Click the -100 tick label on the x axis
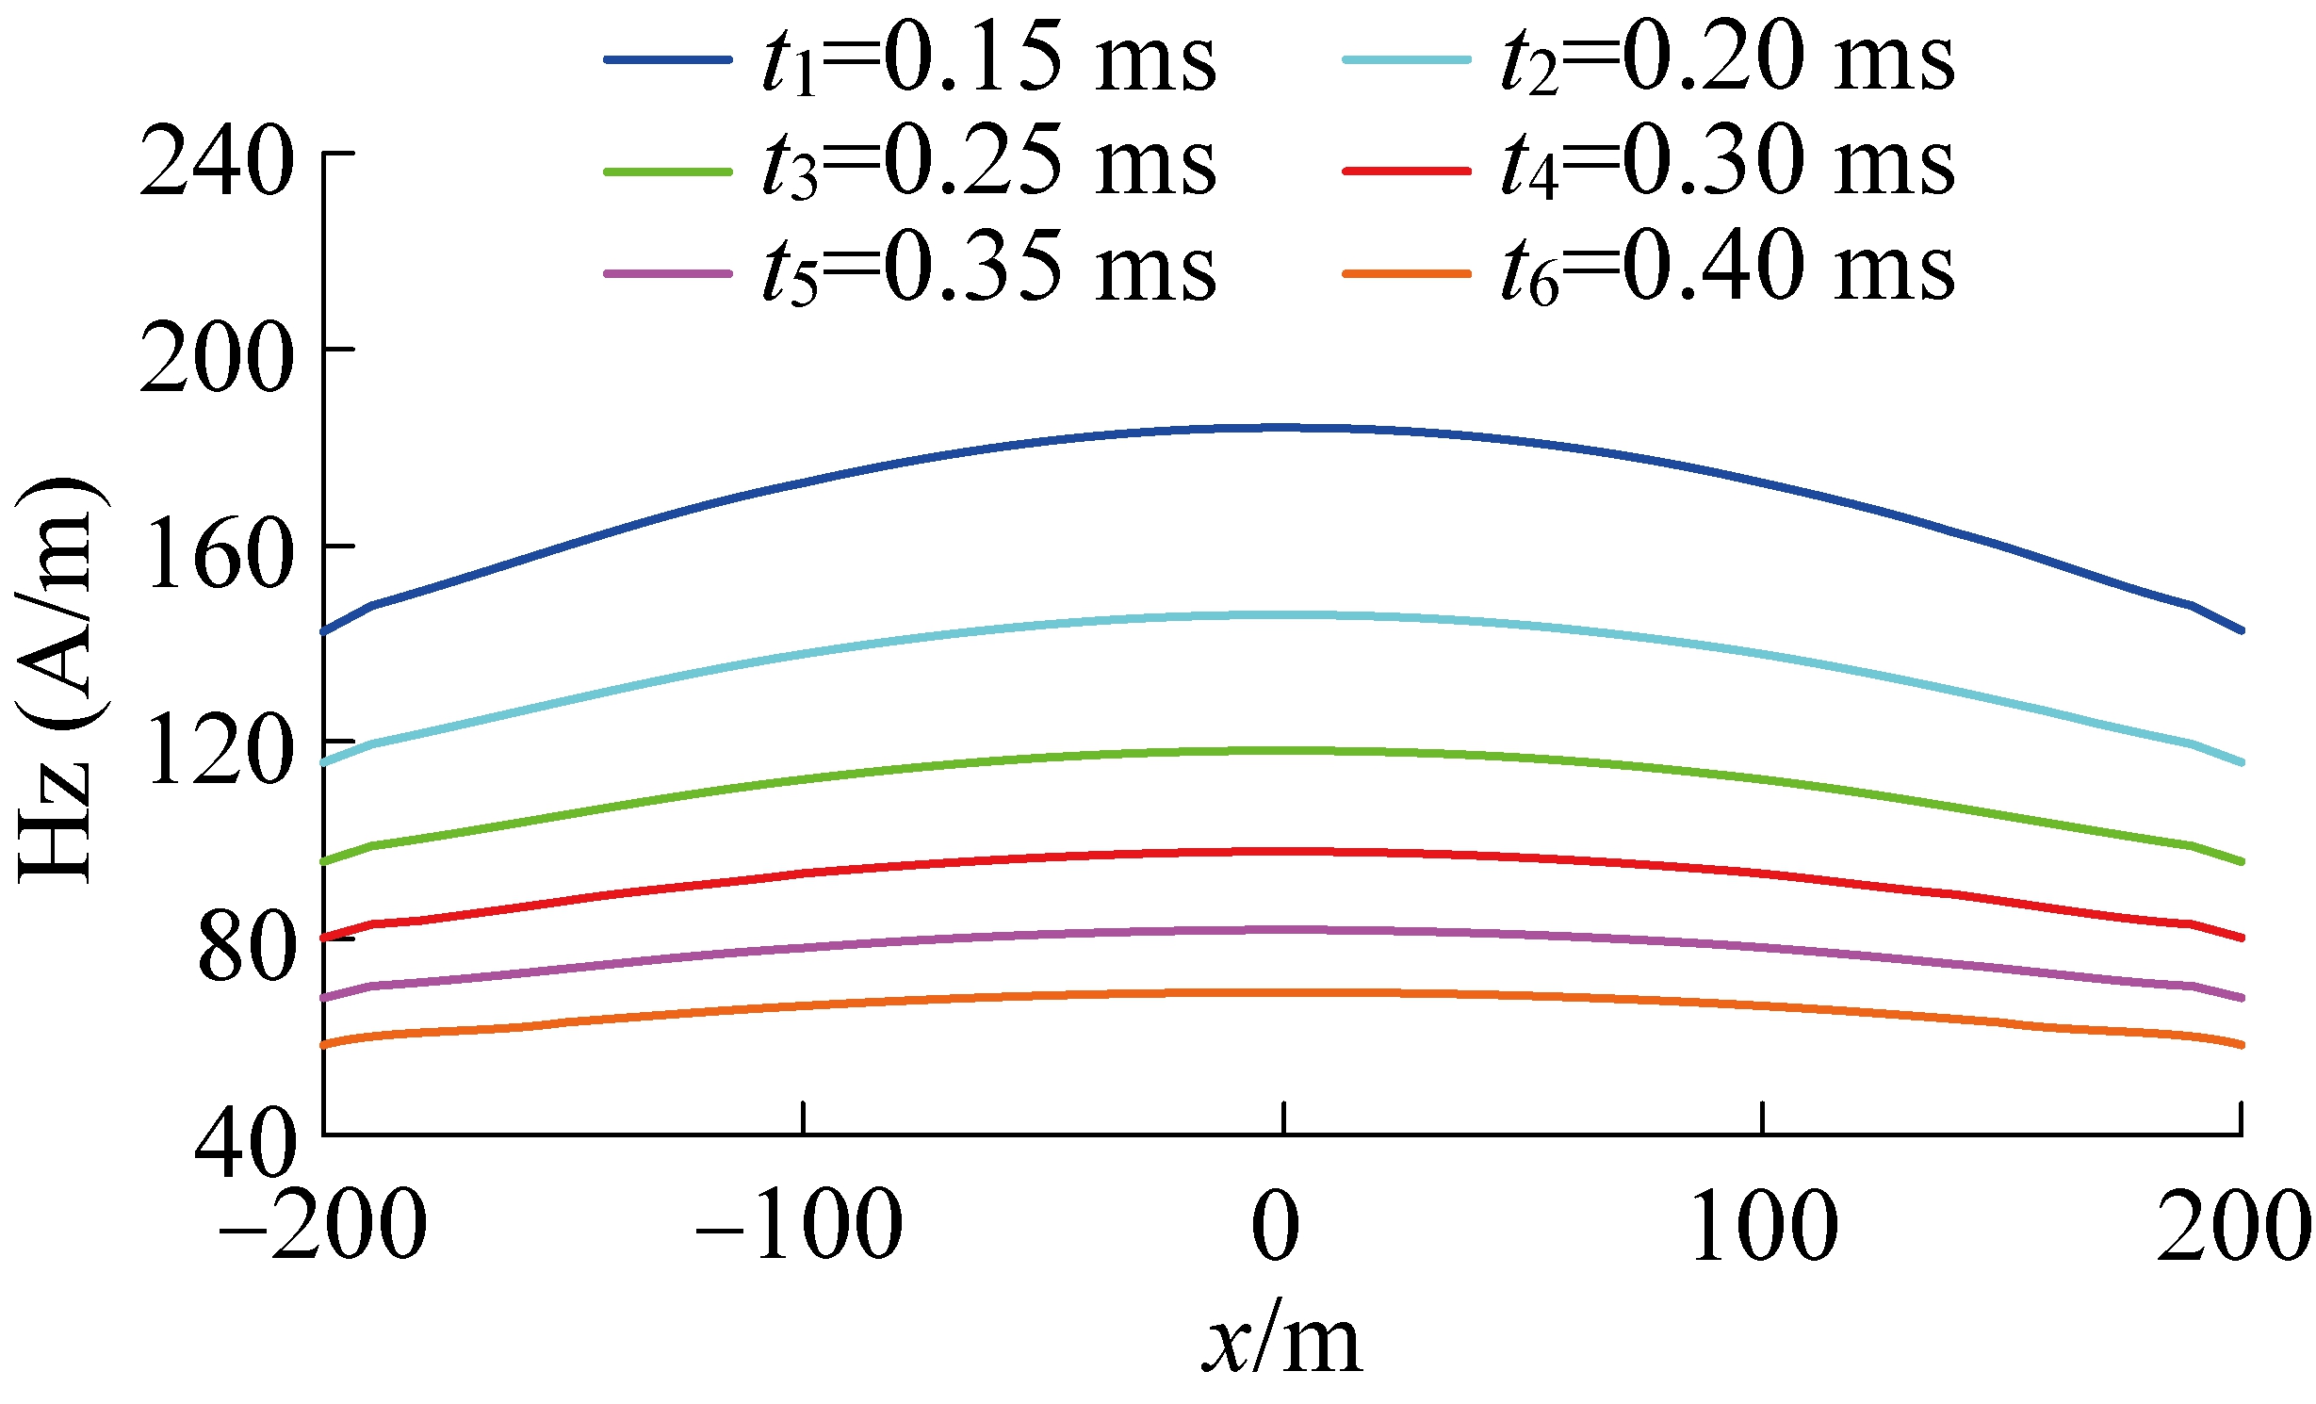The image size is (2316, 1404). click(x=799, y=1225)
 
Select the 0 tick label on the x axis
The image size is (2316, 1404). click(x=1276, y=1225)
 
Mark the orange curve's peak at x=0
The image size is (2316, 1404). click(x=1282, y=992)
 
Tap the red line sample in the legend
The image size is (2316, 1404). click(x=1406, y=171)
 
